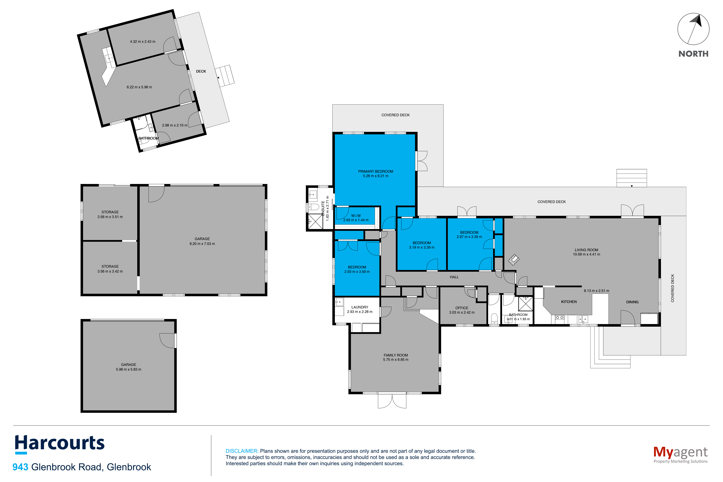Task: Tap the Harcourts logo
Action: [60, 444]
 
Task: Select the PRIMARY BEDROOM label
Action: [375, 172]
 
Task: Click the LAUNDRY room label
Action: [360, 307]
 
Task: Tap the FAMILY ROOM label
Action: [396, 355]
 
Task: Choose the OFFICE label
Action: [462, 308]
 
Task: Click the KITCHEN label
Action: [569, 302]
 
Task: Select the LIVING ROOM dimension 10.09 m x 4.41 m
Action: [586, 254]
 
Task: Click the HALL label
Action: [454, 277]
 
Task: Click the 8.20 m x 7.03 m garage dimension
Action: [202, 244]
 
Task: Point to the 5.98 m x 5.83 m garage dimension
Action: [129, 369]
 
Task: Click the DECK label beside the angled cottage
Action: [201, 71]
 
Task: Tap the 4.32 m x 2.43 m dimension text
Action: [143, 42]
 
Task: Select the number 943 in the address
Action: [20, 467]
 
